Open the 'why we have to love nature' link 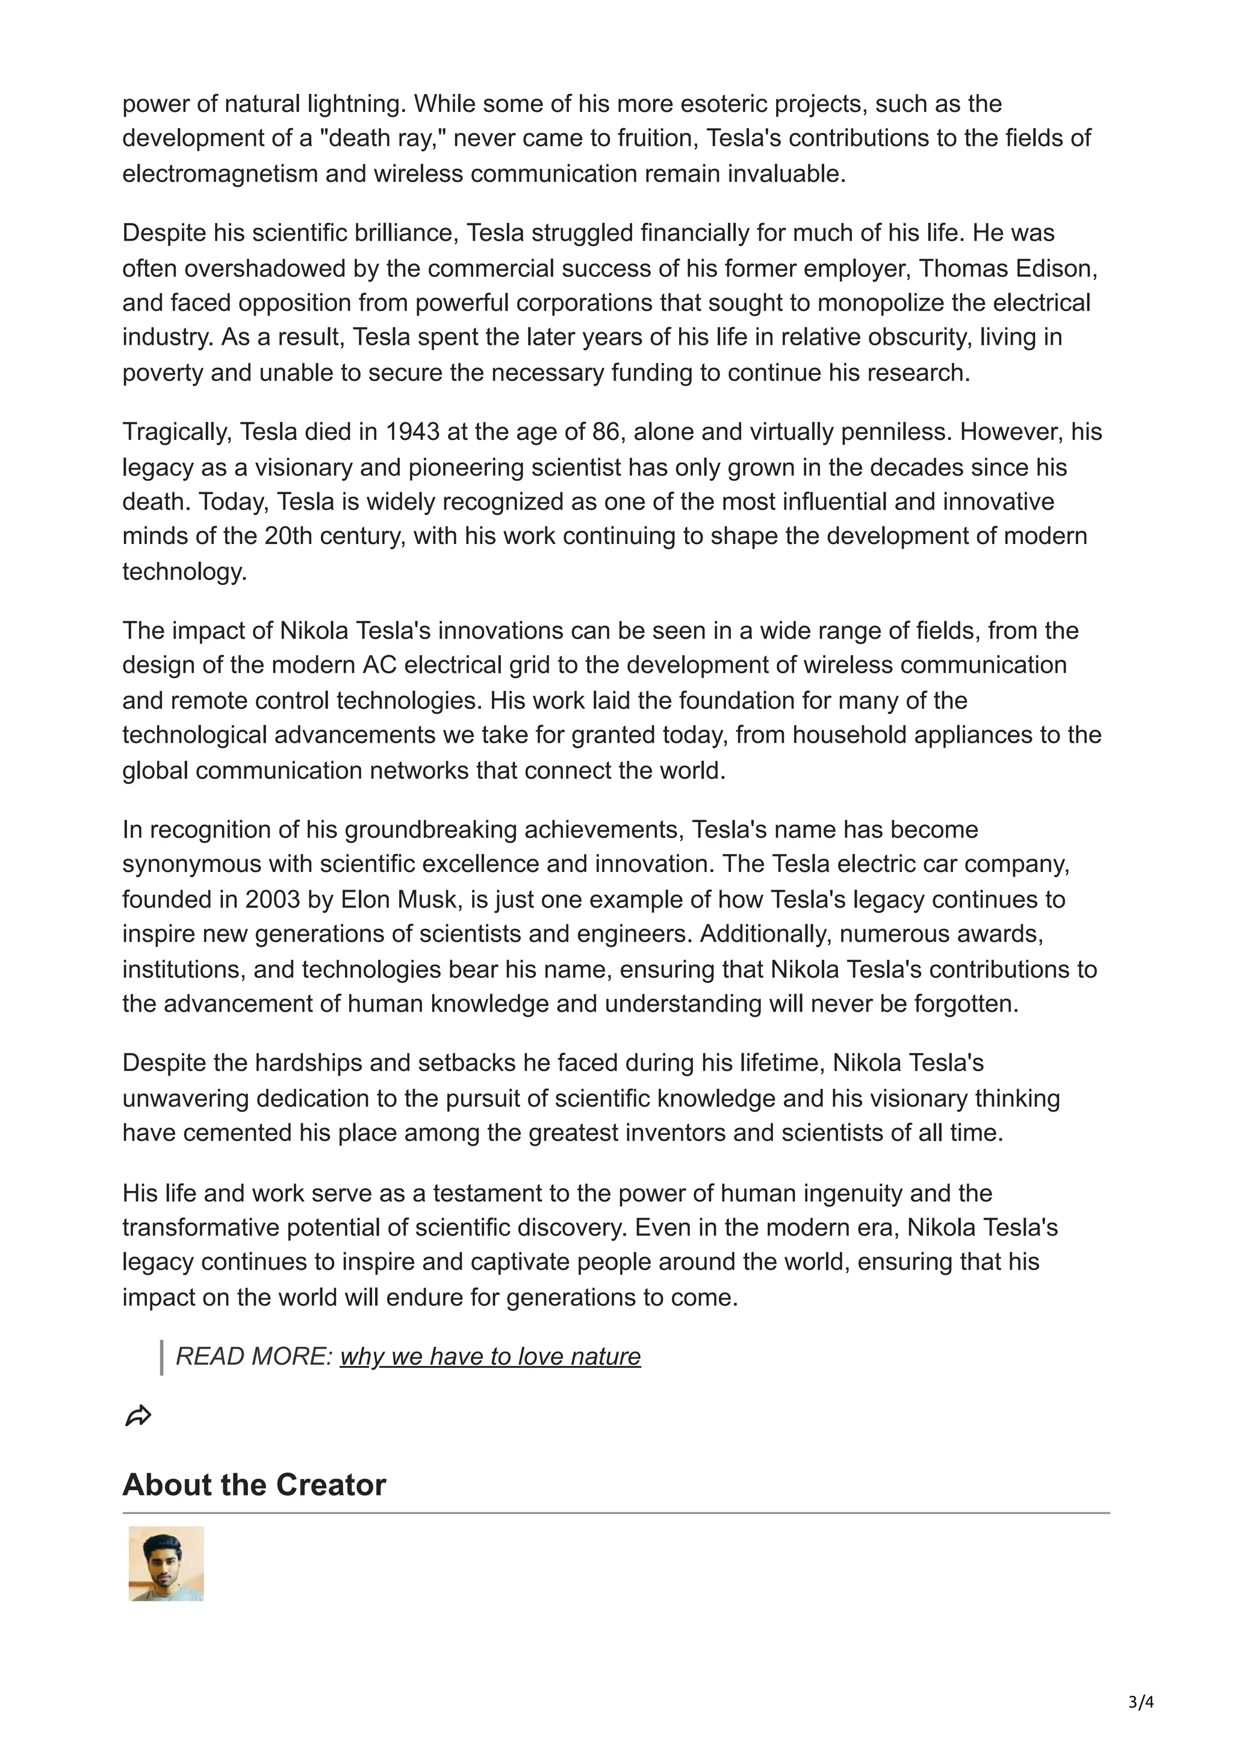pos(490,1356)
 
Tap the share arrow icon pos(138,1416)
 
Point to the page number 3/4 pos(1141,1702)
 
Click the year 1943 pos(412,431)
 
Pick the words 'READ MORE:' pos(253,1356)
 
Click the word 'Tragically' pos(177,431)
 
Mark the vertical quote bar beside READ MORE pos(162,1358)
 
